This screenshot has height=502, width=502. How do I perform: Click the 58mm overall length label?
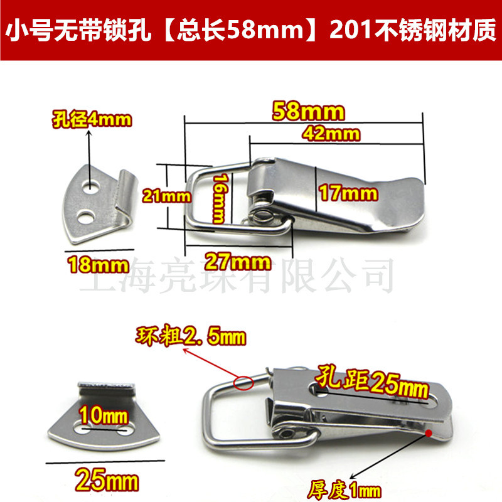(x=308, y=112)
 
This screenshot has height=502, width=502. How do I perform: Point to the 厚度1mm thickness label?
(x=341, y=486)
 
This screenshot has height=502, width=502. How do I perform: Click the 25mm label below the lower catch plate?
(x=104, y=481)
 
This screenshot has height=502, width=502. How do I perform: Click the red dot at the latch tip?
(x=428, y=432)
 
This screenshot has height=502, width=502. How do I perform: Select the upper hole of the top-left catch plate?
(x=93, y=187)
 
